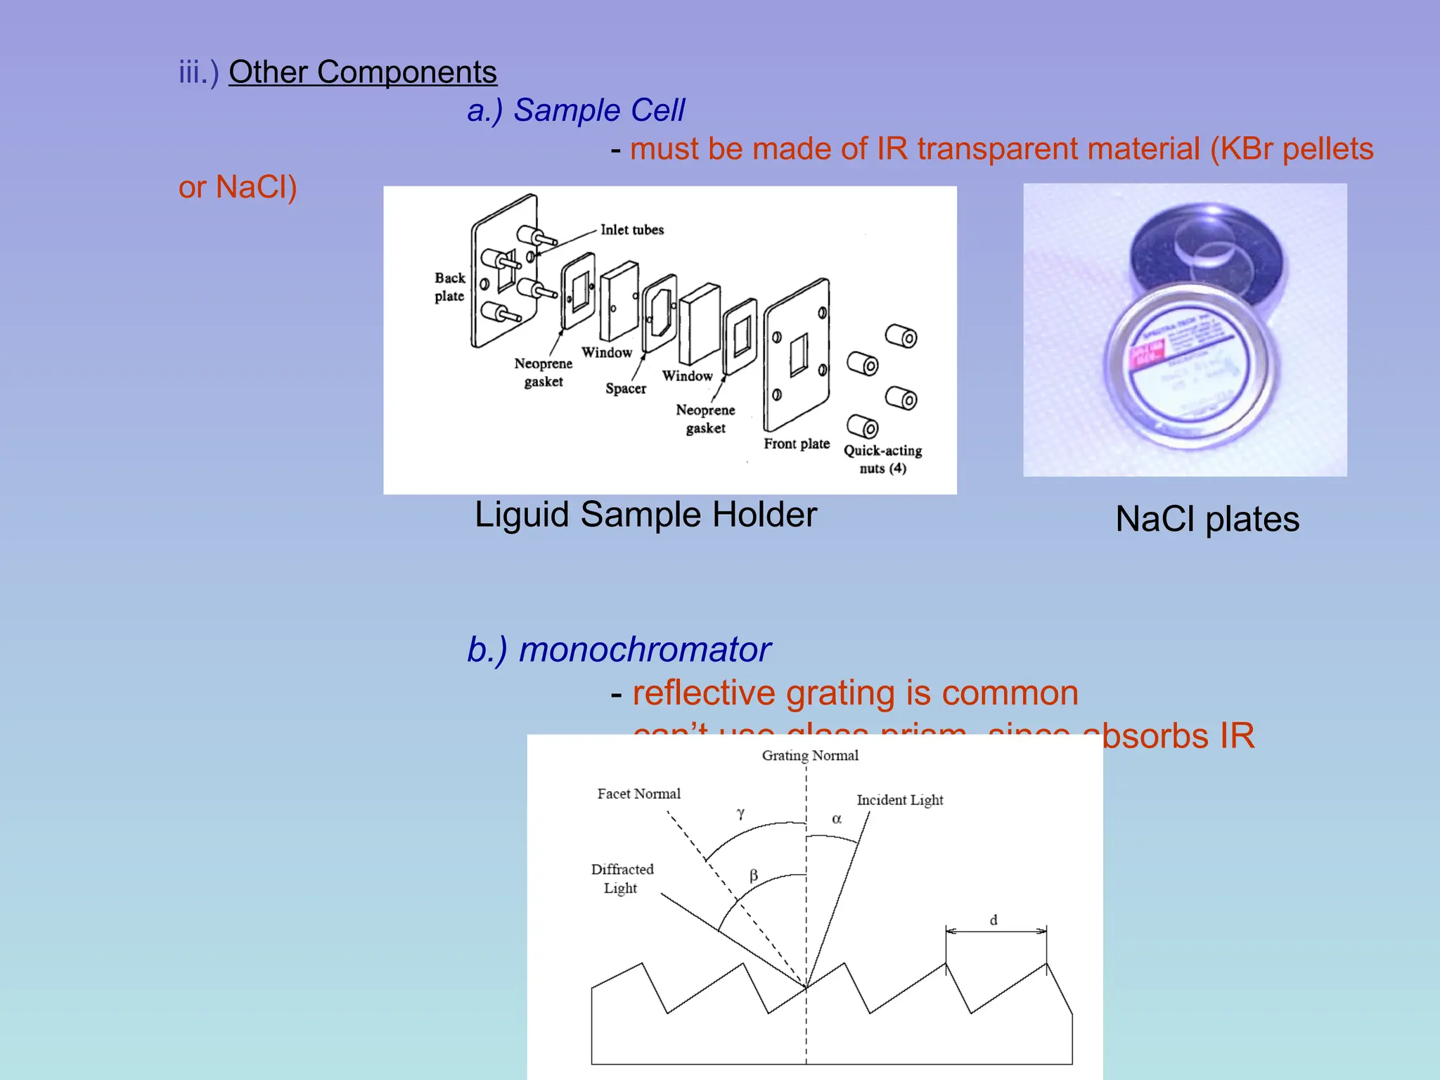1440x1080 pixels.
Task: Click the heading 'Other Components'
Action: coord(362,72)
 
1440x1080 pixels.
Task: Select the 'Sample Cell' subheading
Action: coord(598,110)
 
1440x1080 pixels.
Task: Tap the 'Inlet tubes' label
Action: coord(631,230)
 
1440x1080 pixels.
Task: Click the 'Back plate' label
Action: coord(449,287)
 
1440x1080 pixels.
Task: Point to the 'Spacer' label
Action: coord(625,389)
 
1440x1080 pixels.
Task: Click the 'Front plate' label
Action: coord(797,444)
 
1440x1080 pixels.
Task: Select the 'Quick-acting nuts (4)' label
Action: coord(882,459)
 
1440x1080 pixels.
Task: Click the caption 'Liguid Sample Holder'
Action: coord(645,515)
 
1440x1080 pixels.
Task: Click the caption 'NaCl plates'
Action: coord(1207,520)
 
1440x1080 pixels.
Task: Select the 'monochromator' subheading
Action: coord(644,650)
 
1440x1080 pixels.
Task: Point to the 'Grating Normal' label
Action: coord(810,756)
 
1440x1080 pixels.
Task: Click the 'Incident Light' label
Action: coord(899,800)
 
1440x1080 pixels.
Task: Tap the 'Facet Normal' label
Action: coord(638,794)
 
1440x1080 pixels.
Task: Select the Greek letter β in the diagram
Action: coord(754,875)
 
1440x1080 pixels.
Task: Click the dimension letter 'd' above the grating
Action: coord(994,920)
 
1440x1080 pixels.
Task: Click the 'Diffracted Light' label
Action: coord(622,879)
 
